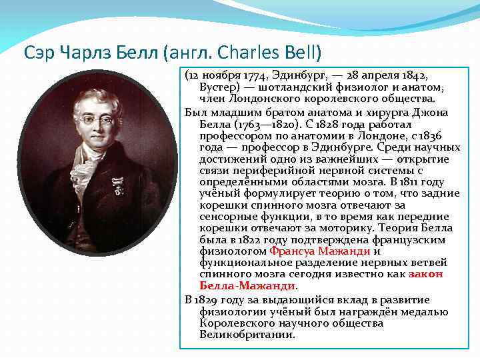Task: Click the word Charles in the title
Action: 247,51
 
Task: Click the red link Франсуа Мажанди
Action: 320,251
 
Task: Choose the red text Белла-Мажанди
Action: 247,285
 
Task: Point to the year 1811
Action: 411,181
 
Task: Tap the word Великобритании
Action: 247,334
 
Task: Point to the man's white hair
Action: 93,99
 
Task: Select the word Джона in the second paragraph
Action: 433,112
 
